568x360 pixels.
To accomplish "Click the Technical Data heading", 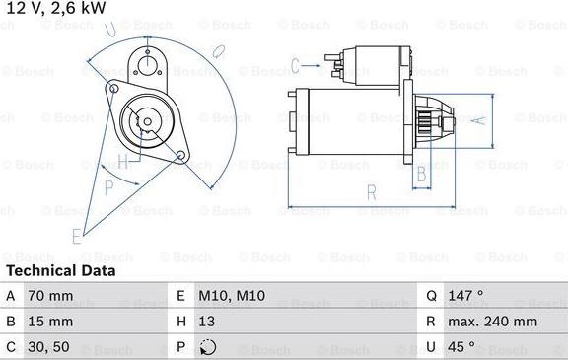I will pyautogui.click(x=61, y=270).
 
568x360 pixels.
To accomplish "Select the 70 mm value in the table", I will pyautogui.click(x=51, y=295).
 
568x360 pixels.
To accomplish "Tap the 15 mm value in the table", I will pyautogui.click(x=51, y=322).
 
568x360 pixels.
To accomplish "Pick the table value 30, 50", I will pyautogui.click(x=49, y=347).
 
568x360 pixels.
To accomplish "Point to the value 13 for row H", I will pyautogui.click(x=208, y=322).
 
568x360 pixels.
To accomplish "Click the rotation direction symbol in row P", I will pyautogui.click(x=207, y=347).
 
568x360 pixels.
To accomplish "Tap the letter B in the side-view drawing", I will pyautogui.click(x=420, y=175).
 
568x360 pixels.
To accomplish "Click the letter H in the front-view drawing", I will pyautogui.click(x=122, y=161).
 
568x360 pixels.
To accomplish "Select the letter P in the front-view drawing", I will pyautogui.click(x=108, y=184).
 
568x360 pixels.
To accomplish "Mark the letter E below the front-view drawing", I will pyautogui.click(x=76, y=235).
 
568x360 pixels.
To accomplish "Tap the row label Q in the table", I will pyautogui.click(x=431, y=295).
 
